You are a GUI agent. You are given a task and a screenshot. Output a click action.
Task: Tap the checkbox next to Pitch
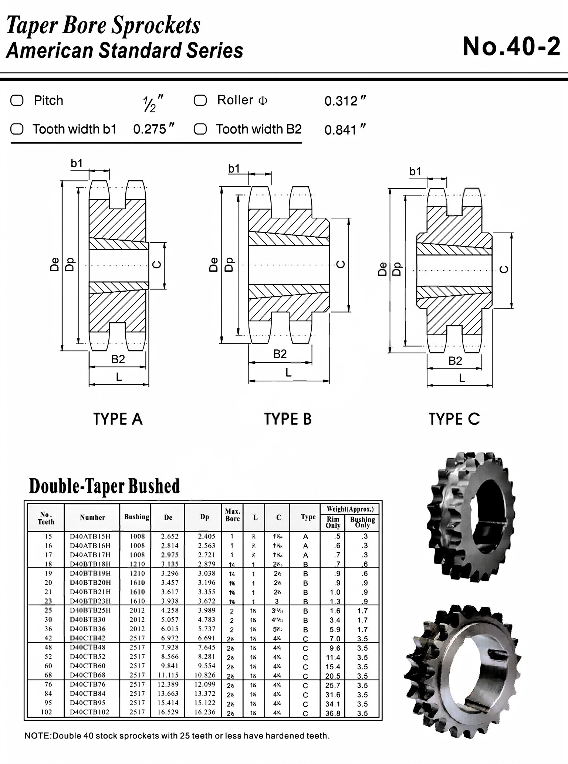tap(17, 101)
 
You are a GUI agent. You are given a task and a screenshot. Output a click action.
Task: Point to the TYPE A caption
tap(118, 419)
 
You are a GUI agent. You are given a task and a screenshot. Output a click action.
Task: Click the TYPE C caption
tap(454, 419)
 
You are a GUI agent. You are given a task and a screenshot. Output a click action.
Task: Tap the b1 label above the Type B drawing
tap(234, 169)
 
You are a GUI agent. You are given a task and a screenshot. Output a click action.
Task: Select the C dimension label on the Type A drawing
tap(157, 264)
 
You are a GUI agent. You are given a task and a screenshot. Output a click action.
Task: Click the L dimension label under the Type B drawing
tap(288, 373)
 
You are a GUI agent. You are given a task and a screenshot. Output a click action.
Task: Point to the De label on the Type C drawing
tap(382, 269)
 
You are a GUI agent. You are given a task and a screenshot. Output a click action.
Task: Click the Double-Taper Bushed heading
tap(104, 486)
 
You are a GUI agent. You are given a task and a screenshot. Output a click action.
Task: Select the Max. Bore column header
tap(232, 515)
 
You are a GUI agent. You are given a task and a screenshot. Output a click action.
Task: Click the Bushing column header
tap(136, 517)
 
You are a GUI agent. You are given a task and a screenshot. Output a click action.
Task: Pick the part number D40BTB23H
tap(90, 601)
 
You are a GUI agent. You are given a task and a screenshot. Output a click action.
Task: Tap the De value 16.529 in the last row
tap(168, 712)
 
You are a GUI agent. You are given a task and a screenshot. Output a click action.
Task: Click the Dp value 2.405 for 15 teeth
tap(206, 536)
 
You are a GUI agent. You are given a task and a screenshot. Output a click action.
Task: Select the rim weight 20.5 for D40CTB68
tap(332, 676)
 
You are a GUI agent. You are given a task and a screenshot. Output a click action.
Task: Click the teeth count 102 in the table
tap(47, 712)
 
